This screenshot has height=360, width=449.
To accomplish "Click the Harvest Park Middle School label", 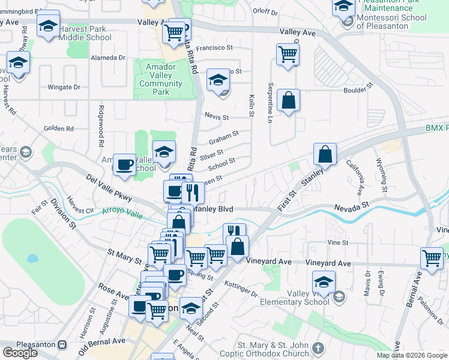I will click(85, 33).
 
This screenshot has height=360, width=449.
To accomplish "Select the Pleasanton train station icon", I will click(62, 345).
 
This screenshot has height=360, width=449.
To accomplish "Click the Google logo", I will click(20, 353).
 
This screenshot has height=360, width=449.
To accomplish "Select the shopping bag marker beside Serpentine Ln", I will click(289, 100).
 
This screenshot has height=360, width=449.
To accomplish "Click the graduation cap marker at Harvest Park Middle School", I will click(48, 26).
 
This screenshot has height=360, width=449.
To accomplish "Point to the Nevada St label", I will click(352, 206).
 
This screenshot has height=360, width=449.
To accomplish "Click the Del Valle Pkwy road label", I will click(108, 188).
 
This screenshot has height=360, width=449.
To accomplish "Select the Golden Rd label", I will click(58, 128).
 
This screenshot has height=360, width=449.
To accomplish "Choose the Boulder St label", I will click(358, 91).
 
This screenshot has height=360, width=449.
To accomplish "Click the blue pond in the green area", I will click(32, 259).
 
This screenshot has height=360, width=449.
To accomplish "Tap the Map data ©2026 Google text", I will click(412, 355).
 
